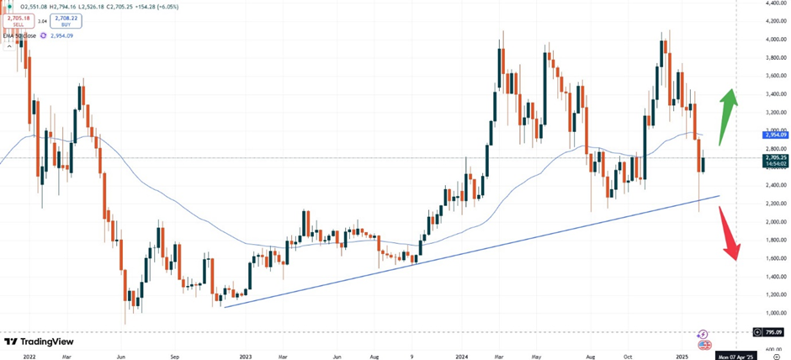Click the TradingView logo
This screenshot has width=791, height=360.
click(x=39, y=342)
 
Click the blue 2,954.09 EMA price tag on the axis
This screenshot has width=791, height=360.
click(x=775, y=135)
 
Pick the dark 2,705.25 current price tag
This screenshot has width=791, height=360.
click(x=775, y=157)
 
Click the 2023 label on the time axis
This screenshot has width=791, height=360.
click(x=246, y=356)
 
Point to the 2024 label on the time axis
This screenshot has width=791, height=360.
click(x=461, y=356)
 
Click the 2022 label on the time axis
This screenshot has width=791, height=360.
click(x=29, y=356)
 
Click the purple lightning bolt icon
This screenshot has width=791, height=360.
click(x=703, y=335)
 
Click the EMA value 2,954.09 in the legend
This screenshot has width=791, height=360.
click(x=62, y=35)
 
